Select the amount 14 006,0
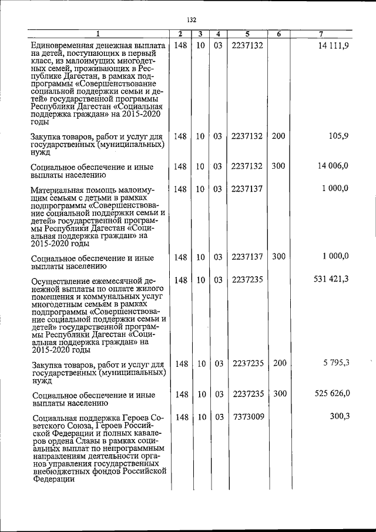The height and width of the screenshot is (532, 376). (333, 166)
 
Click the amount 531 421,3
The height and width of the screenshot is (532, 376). (331, 279)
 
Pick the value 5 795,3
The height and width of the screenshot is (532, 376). (335, 363)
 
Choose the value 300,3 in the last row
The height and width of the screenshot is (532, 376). (338, 417)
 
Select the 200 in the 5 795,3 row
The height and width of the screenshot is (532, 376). (279, 363)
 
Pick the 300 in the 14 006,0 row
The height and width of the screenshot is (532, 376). (278, 166)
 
